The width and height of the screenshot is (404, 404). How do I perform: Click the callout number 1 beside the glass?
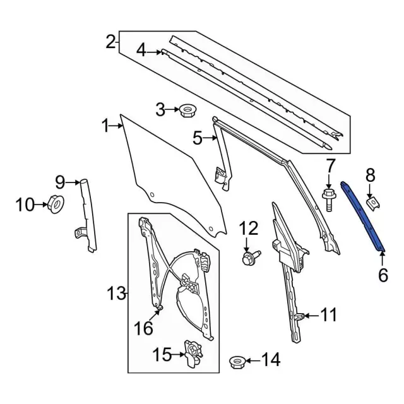coord(105,126)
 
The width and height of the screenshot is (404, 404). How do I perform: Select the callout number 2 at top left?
coord(111,43)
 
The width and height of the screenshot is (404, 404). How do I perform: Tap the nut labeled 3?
coord(186,111)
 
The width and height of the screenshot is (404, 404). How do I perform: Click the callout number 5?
coord(198,137)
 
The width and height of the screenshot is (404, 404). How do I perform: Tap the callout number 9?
coord(60,183)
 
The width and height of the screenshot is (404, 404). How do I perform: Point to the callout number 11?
coord(329,314)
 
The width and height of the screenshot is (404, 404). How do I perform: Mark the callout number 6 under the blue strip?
coord(383,275)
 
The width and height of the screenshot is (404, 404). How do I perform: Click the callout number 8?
coord(371,175)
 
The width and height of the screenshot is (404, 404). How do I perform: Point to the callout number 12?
coord(249,229)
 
